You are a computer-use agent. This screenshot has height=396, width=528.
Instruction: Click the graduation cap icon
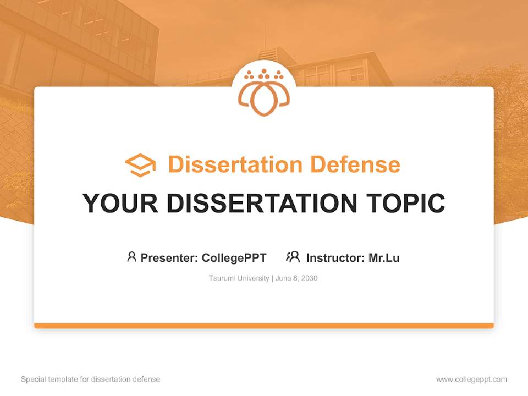tap(140, 165)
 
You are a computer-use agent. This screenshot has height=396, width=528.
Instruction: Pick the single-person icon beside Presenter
tap(131, 257)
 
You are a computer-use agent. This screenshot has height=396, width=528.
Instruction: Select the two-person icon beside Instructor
tap(293, 257)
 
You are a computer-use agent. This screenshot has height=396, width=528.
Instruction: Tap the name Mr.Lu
tap(384, 257)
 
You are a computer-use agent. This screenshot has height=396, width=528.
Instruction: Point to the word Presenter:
tap(169, 257)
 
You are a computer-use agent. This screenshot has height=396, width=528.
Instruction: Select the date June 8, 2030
tap(296, 278)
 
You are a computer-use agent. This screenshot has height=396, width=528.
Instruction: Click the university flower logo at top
tap(263, 94)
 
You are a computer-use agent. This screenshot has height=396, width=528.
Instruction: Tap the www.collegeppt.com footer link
tap(471, 380)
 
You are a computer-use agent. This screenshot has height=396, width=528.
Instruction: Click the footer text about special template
tap(90, 380)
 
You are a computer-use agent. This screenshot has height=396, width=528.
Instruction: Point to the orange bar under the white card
tap(264, 326)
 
